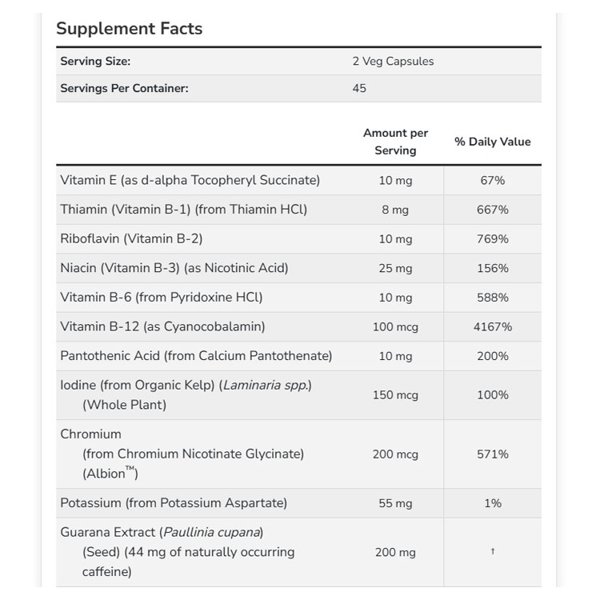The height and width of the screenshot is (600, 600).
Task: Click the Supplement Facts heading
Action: point(130,29)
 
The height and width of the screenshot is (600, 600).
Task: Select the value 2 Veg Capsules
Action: point(393,62)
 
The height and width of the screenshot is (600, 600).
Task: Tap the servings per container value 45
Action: point(359,88)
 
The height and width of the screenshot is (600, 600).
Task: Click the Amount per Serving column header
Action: point(395,142)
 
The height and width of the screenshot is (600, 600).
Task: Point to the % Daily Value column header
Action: point(493,142)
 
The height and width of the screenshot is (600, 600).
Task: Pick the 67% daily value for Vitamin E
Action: point(493,180)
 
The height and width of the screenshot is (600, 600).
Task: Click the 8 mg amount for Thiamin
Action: point(395,210)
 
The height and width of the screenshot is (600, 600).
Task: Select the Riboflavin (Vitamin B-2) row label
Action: point(131,238)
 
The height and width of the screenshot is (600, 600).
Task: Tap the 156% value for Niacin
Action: point(493,268)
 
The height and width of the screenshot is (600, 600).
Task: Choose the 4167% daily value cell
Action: point(493,326)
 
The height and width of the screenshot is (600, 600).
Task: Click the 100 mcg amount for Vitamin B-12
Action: point(395,327)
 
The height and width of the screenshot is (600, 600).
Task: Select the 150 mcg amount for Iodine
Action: point(395,395)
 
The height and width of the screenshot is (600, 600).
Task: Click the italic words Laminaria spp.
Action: point(265,386)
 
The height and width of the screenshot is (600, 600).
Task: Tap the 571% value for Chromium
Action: point(493,454)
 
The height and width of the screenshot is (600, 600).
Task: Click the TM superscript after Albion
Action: point(130,469)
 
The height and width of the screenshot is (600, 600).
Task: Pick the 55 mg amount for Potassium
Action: point(395,503)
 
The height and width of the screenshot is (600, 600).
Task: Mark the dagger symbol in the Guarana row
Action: point(493,551)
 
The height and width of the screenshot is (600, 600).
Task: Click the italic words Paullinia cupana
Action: point(212,532)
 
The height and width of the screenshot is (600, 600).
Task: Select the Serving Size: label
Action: point(95,62)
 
